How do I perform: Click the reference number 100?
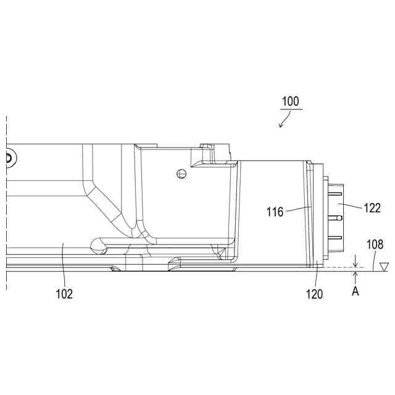291,101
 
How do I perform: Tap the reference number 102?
64,294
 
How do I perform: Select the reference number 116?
275,212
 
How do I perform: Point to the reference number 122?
372,208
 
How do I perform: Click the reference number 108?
375,244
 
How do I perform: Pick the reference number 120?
314,294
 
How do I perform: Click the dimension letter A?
355,291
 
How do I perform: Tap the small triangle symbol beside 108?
384,267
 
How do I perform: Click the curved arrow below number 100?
285,120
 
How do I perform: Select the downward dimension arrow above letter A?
355,261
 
